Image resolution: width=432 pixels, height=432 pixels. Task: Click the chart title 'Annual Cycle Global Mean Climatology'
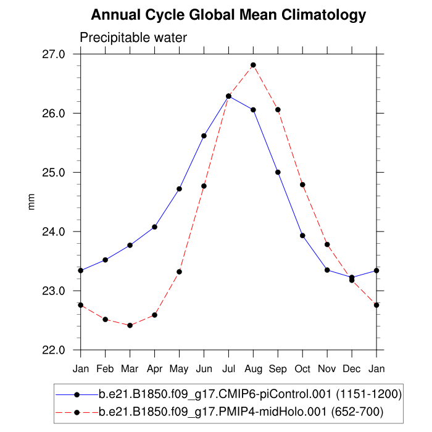coord(228,15)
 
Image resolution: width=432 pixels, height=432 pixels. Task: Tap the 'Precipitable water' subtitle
coord(133,38)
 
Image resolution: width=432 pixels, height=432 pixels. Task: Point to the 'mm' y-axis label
coord(31,202)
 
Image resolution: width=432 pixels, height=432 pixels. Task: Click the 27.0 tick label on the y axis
coord(54,54)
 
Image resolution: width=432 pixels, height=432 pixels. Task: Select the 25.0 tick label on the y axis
coord(54,172)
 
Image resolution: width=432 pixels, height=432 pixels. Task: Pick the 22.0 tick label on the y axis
coord(54,350)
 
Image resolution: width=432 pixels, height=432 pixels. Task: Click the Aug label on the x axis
coord(253,368)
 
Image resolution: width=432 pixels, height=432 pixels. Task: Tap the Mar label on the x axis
coord(130,368)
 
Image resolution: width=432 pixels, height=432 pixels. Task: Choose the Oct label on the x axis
coord(302,368)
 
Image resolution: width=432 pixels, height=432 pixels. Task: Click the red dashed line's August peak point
coord(253,65)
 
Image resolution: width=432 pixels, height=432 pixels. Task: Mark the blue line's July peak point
coord(228,96)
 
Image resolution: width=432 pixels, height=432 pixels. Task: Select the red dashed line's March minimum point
coord(130,325)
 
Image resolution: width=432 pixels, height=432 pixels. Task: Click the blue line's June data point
coord(204,136)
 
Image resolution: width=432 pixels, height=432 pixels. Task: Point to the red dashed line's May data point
coord(179,272)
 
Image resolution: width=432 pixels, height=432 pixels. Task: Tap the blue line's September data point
coord(278,172)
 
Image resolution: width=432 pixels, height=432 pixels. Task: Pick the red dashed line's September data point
coord(278,110)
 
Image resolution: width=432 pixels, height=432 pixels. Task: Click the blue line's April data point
coord(154,227)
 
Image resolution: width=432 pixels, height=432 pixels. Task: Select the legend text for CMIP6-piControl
coord(251,394)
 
